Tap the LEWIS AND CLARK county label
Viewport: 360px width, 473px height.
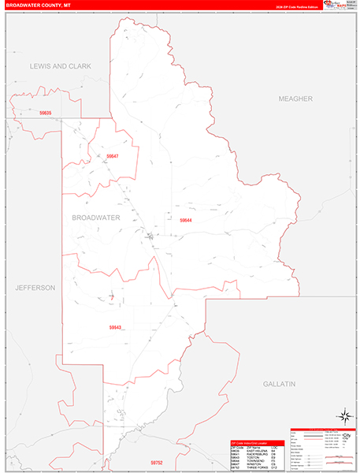pyautogui.click(x=61, y=66)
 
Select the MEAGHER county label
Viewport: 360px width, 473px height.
pyautogui.click(x=295, y=99)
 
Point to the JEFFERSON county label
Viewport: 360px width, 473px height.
pyautogui.click(x=35, y=288)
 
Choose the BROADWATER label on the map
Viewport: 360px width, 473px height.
pyautogui.click(x=95, y=217)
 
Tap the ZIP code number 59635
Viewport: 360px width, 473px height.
pyautogui.click(x=46, y=114)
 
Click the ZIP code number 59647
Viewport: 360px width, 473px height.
pyautogui.click(x=112, y=156)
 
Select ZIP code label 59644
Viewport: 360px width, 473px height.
pyautogui.click(x=186, y=220)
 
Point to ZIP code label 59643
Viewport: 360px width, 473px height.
pyautogui.click(x=115, y=327)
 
